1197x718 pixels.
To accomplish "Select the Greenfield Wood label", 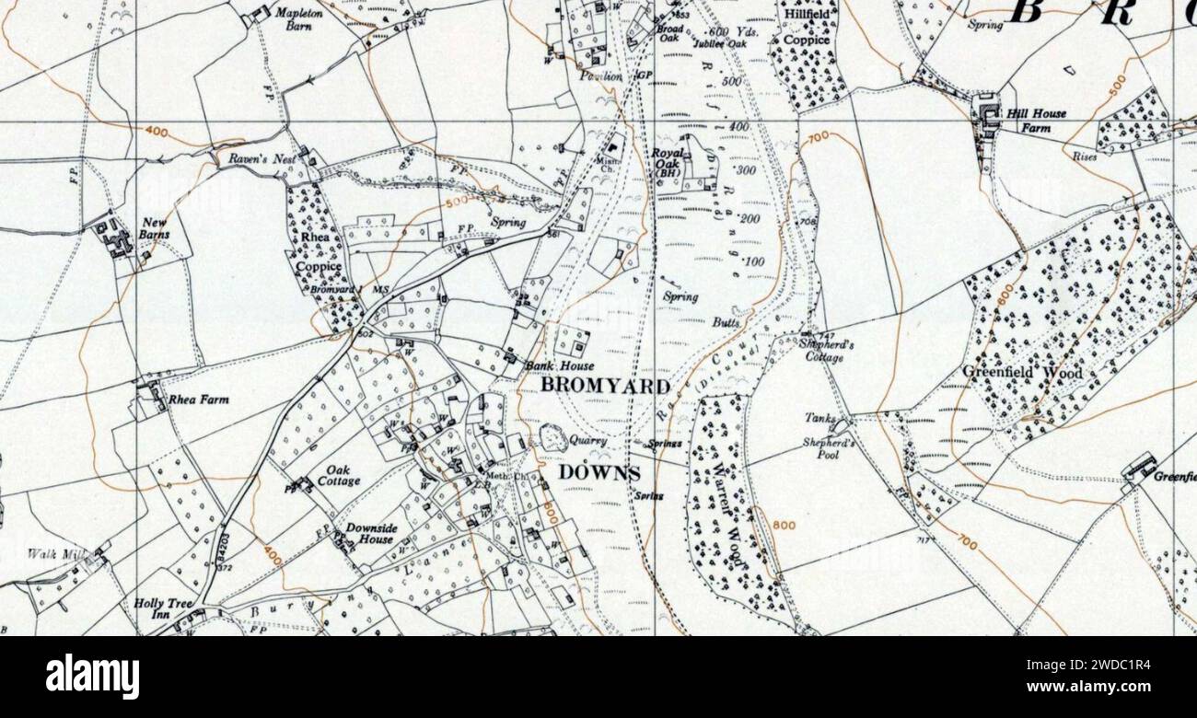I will [1022, 373].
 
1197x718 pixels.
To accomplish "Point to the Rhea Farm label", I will [198, 400].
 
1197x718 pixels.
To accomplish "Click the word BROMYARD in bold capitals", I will [605, 386].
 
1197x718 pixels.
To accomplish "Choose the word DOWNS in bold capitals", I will [598, 472].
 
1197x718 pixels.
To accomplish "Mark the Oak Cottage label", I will [338, 475].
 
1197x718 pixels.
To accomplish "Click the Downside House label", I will [371, 533].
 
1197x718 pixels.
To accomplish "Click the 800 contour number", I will [784, 526].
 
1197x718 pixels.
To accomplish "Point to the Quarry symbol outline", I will [552, 438].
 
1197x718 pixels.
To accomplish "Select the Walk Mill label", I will [53, 553].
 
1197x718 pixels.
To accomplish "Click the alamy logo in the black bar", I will [93, 677].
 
